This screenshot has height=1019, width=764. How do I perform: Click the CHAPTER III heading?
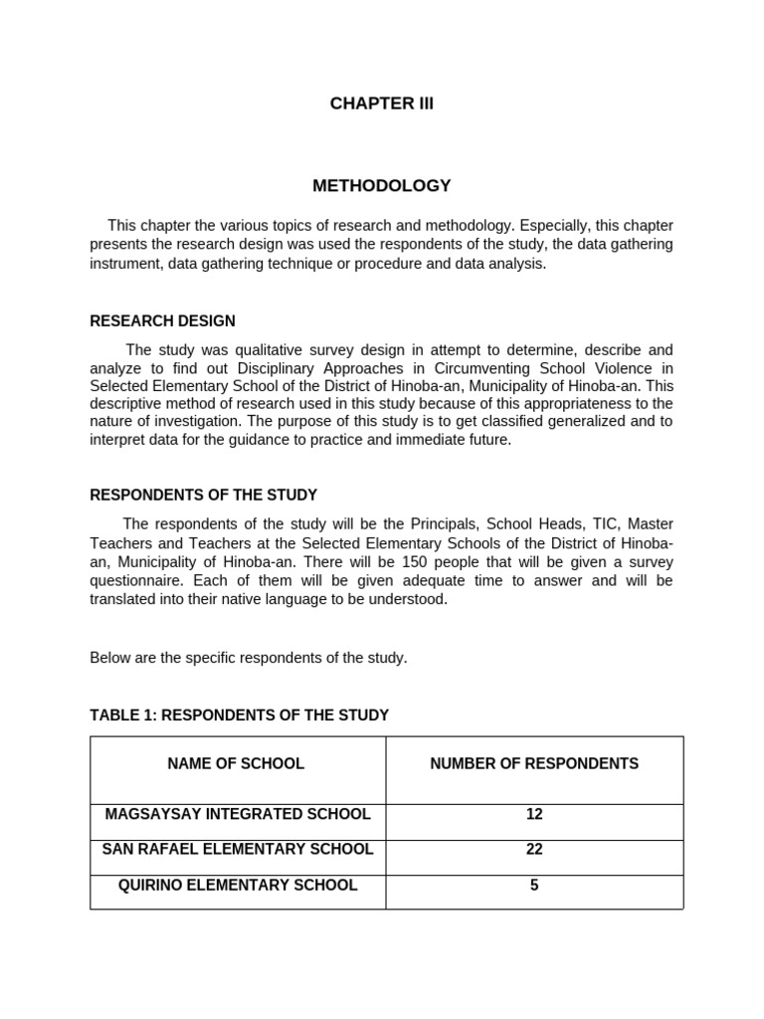tap(382, 103)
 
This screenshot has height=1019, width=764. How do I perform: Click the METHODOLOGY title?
tap(382, 186)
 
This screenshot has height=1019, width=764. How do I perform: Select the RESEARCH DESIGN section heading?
tap(163, 321)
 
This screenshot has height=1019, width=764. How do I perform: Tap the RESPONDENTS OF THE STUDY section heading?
tap(204, 495)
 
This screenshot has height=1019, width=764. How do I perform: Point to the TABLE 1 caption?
tap(239, 715)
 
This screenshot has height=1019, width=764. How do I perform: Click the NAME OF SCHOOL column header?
tap(236, 764)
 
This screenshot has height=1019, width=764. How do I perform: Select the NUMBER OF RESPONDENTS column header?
tap(534, 764)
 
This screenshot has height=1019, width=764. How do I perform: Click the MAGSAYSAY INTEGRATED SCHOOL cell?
tap(238, 814)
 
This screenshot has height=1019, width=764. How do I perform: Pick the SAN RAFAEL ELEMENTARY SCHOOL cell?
tap(238, 850)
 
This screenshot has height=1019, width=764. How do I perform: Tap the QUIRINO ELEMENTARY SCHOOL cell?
tap(238, 886)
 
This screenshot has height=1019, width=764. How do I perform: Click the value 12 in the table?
tap(534, 814)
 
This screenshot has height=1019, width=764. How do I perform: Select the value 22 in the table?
tap(534, 850)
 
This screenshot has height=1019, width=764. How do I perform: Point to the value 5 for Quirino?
tap(534, 886)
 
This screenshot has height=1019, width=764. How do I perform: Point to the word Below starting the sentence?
tap(109, 659)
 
